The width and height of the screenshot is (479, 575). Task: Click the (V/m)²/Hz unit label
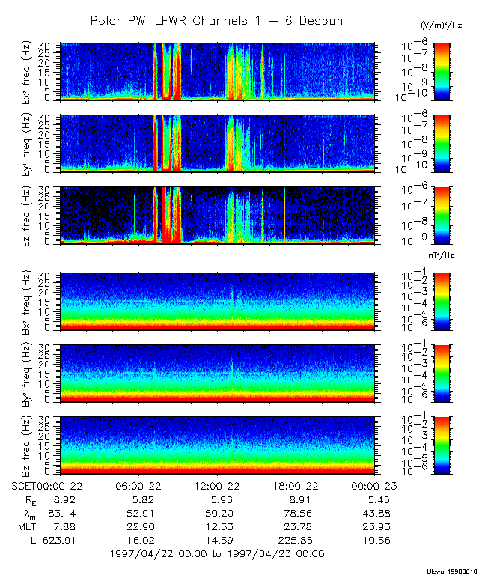click(x=442, y=25)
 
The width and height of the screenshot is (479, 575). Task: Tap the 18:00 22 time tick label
click(x=297, y=487)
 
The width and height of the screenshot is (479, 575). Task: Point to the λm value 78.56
click(x=297, y=514)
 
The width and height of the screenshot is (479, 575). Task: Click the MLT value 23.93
click(x=373, y=526)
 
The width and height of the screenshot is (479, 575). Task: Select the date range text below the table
click(x=216, y=553)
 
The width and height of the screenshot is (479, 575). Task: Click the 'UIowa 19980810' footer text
click(x=451, y=569)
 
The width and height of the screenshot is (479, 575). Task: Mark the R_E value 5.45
click(x=373, y=500)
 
